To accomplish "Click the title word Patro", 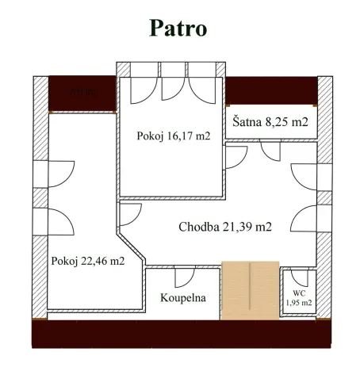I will tap(178, 28).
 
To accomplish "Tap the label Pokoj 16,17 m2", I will tap(174, 136).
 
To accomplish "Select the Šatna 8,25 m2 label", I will tap(270, 123).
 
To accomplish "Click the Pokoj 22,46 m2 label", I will tap(87, 260).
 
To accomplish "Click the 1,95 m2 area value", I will tap(299, 303).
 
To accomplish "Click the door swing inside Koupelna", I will tap(183, 277).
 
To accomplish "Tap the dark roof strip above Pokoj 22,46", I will tap(82, 94).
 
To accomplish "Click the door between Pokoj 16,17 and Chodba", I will tap(234, 159).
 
